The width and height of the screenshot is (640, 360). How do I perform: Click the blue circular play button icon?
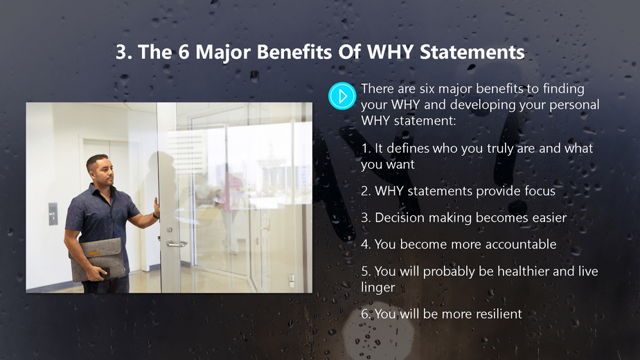[341, 95]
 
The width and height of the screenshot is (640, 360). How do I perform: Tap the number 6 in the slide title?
[184, 53]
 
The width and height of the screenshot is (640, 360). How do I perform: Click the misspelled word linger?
[377, 287]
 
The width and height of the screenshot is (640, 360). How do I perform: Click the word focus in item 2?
[539, 190]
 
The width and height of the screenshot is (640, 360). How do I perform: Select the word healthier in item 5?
[513, 271]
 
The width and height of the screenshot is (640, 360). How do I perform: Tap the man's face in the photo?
[98, 169]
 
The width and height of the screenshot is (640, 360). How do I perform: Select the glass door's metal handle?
[175, 244]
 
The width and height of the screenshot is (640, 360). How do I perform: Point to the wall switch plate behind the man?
[53, 213]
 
